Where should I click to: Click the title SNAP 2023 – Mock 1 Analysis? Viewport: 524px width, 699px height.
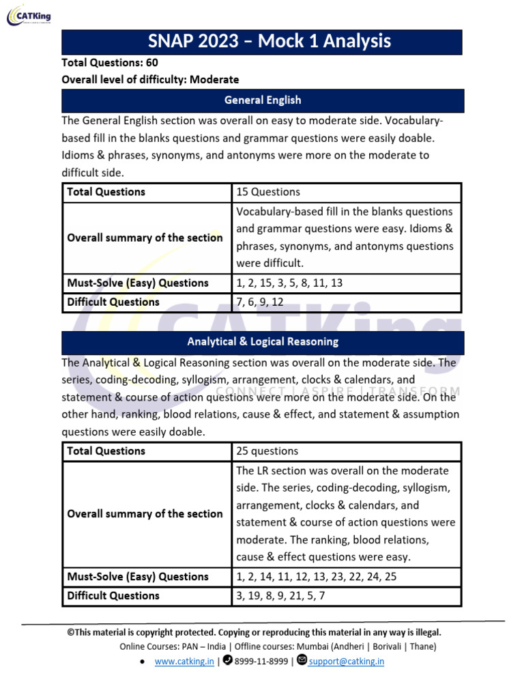pyautogui.click(x=263, y=42)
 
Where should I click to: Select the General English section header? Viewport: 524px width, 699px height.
pyautogui.click(x=263, y=100)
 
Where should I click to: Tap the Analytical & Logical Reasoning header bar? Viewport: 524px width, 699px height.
pyautogui.click(x=263, y=341)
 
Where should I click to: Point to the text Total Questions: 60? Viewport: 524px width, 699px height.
pyautogui.click(x=110, y=62)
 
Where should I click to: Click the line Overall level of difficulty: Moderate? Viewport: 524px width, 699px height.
pyautogui.click(x=150, y=79)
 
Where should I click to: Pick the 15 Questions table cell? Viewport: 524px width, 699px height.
pyautogui.click(x=268, y=192)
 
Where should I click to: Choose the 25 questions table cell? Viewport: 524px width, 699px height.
pyautogui.click(x=267, y=451)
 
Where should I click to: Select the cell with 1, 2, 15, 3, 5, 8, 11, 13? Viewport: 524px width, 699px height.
pyautogui.click(x=289, y=283)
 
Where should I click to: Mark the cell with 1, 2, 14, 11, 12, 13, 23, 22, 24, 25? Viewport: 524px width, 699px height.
pyautogui.click(x=316, y=577)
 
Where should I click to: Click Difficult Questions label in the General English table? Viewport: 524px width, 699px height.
pyautogui.click(x=113, y=302)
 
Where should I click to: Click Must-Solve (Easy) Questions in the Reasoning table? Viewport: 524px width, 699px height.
pyautogui.click(x=137, y=577)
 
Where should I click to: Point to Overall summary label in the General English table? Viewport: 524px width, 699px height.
pyautogui.click(x=145, y=238)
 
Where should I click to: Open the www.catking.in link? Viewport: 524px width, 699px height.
pyautogui.click(x=184, y=661)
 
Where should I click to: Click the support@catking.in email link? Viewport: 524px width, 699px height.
pyautogui.click(x=347, y=661)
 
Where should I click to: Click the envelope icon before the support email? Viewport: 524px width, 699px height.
pyautogui.click(x=302, y=661)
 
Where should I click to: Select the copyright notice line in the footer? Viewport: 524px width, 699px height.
pyautogui.click(x=254, y=632)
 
